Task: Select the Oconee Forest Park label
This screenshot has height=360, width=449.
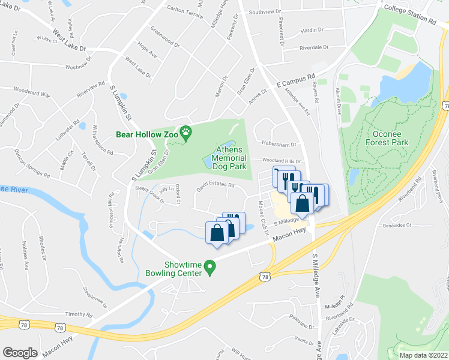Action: (x=387, y=137)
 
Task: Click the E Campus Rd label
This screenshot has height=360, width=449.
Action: (x=296, y=81)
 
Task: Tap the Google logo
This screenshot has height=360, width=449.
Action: (x=20, y=352)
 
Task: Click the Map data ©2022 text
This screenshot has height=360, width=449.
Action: (x=423, y=355)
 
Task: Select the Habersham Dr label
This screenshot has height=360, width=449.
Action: (x=279, y=145)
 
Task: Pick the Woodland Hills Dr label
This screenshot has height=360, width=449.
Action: (x=280, y=161)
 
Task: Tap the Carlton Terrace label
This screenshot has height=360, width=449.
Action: (x=185, y=11)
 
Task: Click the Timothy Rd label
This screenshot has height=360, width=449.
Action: (x=79, y=314)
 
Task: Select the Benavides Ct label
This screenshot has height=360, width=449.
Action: (x=396, y=226)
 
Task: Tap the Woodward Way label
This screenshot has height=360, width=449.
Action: (x=33, y=94)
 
